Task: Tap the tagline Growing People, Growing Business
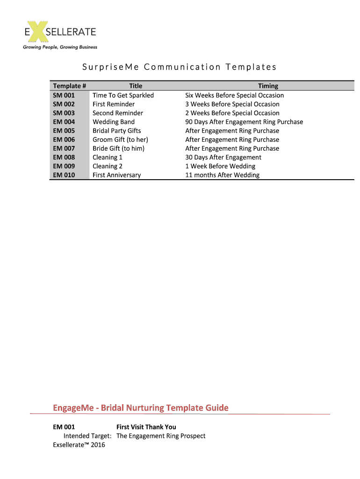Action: tap(60, 47)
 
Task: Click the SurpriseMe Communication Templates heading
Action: tap(180, 67)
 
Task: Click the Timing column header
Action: tap(268, 86)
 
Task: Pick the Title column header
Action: tap(136, 86)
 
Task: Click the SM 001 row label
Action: tap(64, 95)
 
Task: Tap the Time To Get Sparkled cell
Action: tap(123, 95)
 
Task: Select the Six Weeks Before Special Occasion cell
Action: tap(234, 95)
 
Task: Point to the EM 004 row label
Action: tap(64, 122)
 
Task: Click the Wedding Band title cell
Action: tap(114, 122)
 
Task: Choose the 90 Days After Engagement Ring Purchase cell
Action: tap(244, 122)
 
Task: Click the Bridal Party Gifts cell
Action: tap(116, 131)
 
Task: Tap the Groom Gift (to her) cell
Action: tap(120, 140)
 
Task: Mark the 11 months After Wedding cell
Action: tap(222, 175)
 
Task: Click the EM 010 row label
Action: tap(64, 175)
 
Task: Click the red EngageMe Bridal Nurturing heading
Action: tap(141, 408)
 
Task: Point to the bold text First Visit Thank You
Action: tap(146, 427)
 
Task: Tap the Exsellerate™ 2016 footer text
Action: tap(79, 445)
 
